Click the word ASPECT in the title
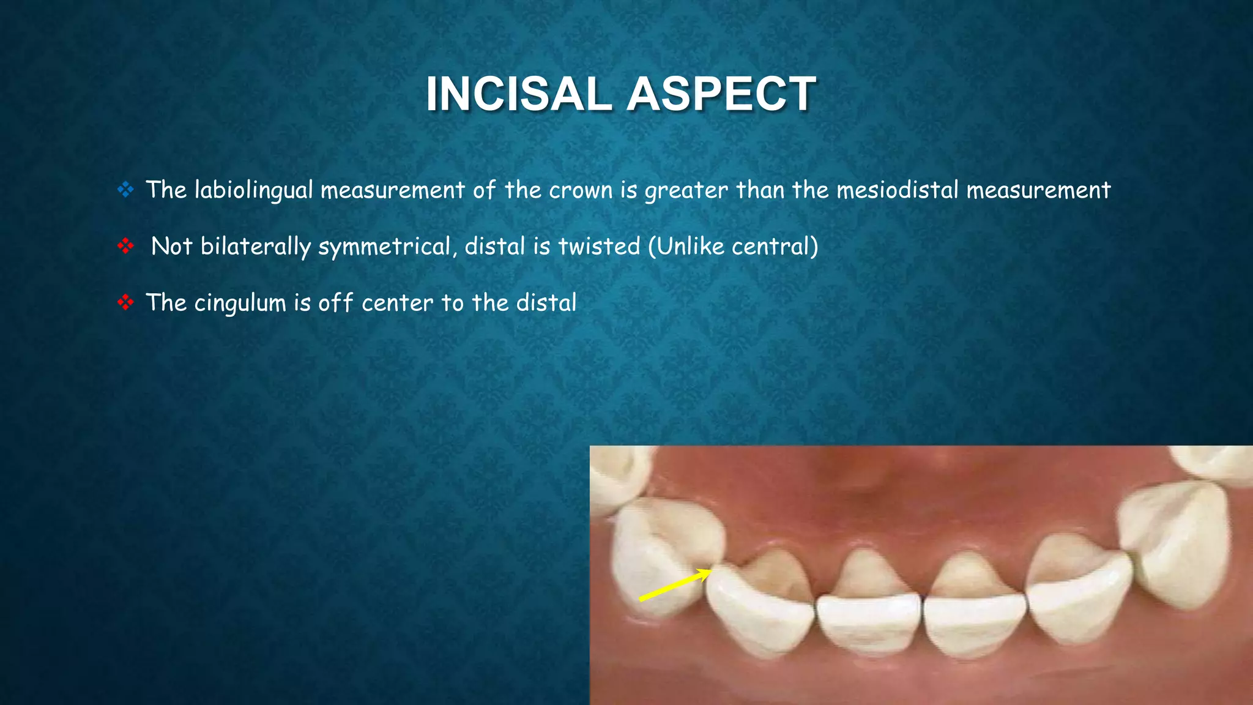tap(721, 94)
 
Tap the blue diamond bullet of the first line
tap(125, 190)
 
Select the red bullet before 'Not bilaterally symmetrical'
tap(125, 246)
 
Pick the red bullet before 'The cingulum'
tap(125, 302)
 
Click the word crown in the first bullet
tap(581, 190)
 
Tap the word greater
tap(686, 190)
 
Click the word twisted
tap(599, 247)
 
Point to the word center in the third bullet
tap(397, 303)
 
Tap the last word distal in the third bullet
tap(546, 303)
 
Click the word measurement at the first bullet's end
tap(1038, 190)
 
